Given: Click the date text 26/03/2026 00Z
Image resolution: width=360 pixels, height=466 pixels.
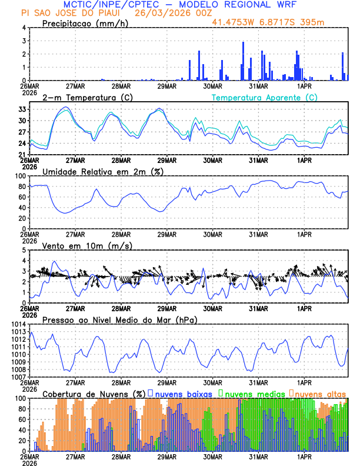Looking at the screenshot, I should pos(167,12).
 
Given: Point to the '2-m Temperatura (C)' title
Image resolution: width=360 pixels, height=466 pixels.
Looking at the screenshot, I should pos(88,97).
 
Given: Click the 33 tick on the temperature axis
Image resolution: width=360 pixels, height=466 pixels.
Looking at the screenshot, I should pos(22,109).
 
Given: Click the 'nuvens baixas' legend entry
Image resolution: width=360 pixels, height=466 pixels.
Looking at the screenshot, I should pos(183,393).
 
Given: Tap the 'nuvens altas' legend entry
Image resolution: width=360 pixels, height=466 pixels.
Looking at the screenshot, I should pos(321,393).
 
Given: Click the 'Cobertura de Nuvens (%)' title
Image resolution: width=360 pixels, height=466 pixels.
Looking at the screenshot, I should pos(94,393).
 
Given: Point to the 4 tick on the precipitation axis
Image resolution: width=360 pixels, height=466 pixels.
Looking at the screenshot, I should pos(24,28).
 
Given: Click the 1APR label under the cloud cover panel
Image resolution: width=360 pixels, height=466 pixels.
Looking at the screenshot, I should pos(304,456).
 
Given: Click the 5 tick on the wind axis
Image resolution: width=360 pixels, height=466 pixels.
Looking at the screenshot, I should pos(24,250).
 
